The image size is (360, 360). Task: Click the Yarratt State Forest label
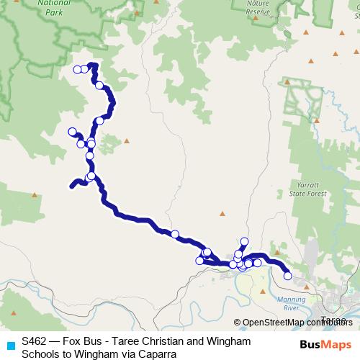pyautogui.click(x=312, y=189)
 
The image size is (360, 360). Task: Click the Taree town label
pyautogui.click(x=332, y=319)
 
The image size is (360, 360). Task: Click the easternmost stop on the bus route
pyautogui.click(x=288, y=276)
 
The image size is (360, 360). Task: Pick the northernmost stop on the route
pyautogui.click(x=92, y=66)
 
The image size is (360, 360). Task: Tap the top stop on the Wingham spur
pyautogui.click(x=245, y=241)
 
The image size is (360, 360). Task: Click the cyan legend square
pyautogui.click(x=10, y=345)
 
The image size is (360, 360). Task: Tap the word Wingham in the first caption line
pyautogui.click(x=209, y=340)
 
